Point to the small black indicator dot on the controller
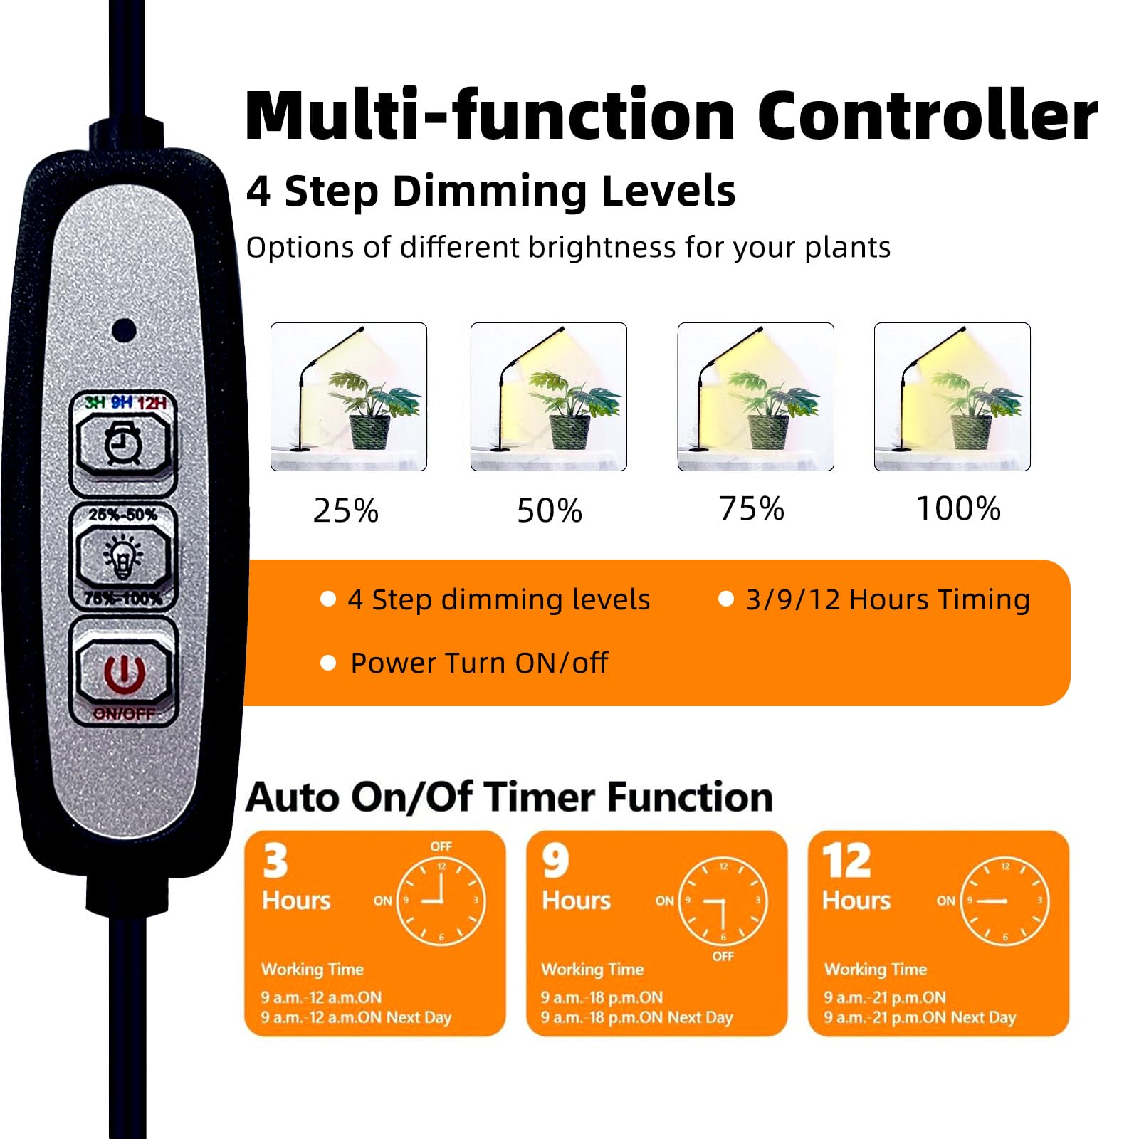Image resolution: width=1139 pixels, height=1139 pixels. tap(125, 330)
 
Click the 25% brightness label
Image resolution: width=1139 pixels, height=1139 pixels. tap(346, 510)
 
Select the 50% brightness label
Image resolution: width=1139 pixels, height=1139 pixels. tap(550, 510)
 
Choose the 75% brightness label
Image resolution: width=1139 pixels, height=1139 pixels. tap(752, 508)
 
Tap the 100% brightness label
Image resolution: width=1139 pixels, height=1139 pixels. tap(958, 508)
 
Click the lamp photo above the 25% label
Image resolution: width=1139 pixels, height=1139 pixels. tap(349, 397)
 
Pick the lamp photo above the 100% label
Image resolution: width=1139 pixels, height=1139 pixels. tap(952, 397)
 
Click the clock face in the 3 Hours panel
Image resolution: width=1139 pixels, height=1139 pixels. tap(441, 901)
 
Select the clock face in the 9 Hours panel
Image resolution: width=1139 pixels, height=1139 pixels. tap(723, 901)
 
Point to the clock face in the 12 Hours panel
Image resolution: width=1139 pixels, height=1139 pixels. tap(1005, 901)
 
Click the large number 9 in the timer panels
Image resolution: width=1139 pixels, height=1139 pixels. tap(556, 861)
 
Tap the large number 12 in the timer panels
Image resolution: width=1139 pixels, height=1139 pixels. tap(847, 861)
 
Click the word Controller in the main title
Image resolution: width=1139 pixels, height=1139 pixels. tap(928, 115)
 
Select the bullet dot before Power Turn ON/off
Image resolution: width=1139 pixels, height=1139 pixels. tap(328, 663)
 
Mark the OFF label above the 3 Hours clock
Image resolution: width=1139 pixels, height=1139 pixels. tap(441, 846)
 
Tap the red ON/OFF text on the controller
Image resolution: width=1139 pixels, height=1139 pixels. tap(125, 713)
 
